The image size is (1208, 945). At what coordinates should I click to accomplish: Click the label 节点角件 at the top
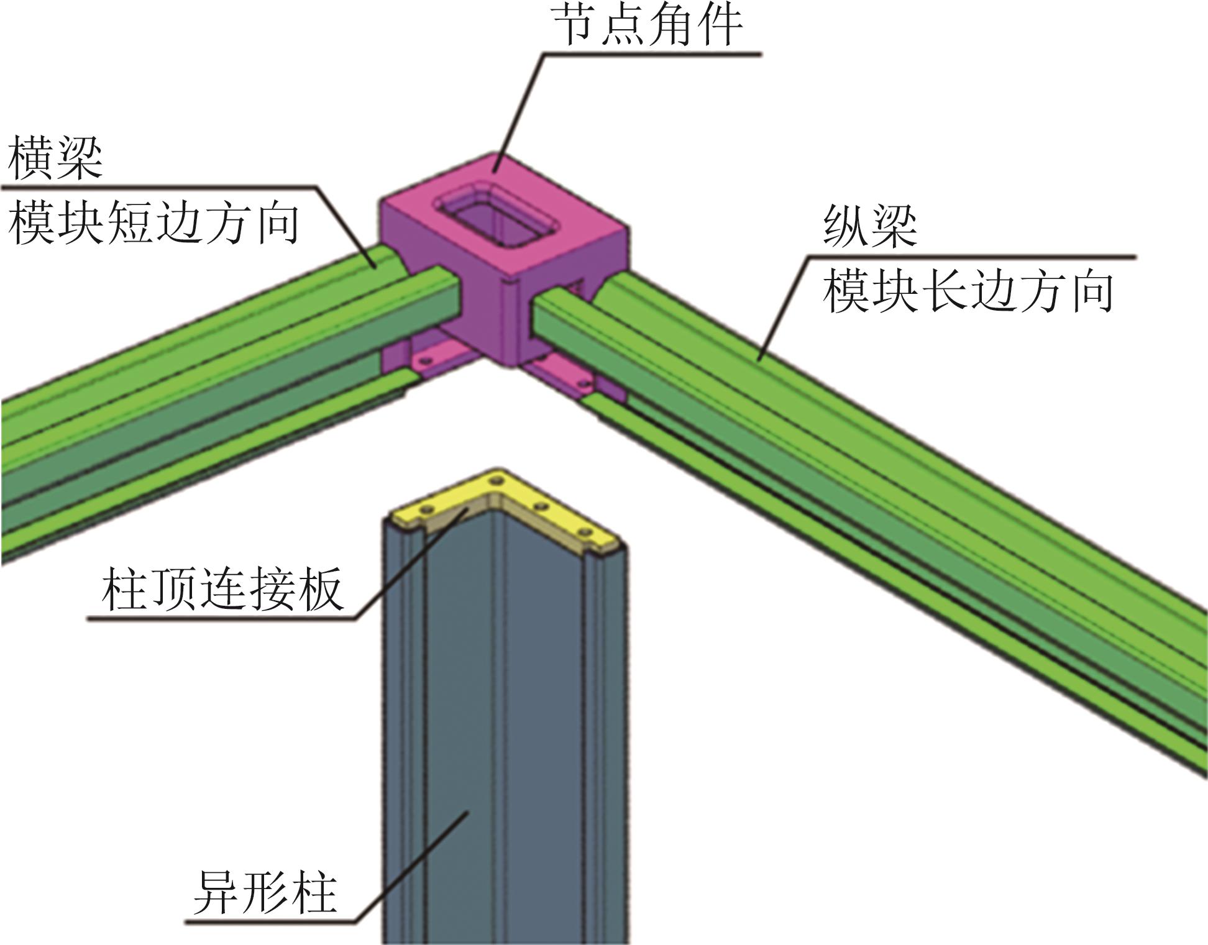point(647,26)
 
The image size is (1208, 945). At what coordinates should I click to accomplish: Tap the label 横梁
point(55,158)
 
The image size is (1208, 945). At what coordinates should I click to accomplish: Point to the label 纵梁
point(869,226)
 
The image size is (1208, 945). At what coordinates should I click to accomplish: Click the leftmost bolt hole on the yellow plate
point(426,509)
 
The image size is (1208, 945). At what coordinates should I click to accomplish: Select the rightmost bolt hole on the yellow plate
point(584,532)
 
